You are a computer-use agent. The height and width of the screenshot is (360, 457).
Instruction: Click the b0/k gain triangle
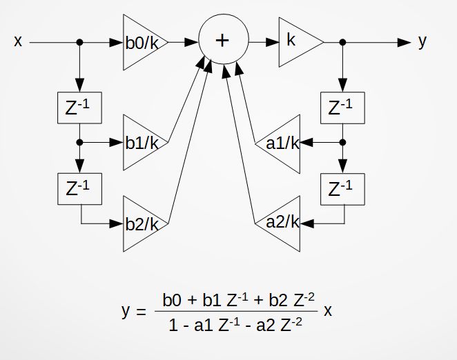click(141, 42)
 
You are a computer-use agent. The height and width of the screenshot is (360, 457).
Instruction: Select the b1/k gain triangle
click(141, 143)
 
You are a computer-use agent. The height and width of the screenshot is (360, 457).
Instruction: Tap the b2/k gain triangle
click(141, 223)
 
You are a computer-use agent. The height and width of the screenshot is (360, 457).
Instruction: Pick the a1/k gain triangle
click(284, 143)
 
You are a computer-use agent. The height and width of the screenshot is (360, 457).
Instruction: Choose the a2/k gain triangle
click(284, 222)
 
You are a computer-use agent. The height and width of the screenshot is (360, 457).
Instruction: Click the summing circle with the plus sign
click(222, 40)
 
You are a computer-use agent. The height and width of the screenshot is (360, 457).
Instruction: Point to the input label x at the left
click(18, 41)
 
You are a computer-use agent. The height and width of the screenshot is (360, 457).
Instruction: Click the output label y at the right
click(422, 41)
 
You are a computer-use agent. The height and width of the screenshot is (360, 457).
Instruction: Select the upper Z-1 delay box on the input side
click(80, 107)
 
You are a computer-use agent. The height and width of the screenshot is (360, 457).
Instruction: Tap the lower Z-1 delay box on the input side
click(80, 188)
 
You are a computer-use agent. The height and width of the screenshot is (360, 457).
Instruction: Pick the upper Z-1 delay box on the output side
click(343, 107)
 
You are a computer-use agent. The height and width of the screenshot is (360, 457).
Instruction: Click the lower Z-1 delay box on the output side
click(343, 188)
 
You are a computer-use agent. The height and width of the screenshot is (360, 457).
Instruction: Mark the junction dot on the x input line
click(80, 42)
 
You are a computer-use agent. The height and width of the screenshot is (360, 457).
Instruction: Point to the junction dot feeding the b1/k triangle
click(80, 143)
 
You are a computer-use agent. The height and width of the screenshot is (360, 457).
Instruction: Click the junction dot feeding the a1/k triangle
click(343, 143)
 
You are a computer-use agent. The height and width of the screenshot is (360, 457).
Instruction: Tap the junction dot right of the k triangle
click(343, 42)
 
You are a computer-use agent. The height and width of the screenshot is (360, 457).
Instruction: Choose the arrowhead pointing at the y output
click(404, 42)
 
